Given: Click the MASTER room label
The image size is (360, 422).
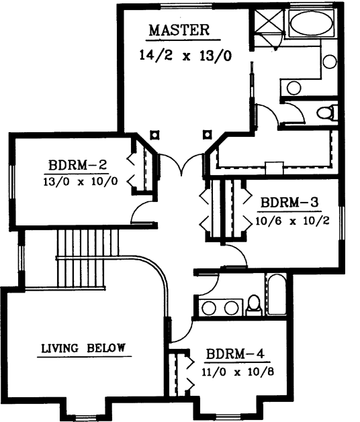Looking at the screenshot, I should [179, 30].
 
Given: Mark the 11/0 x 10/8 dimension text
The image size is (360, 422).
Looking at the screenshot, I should [234, 370].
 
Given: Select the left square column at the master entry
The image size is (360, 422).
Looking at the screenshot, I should [154, 134].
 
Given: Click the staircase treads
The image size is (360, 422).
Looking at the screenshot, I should [86, 258].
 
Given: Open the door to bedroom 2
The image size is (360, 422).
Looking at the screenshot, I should [142, 211].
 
